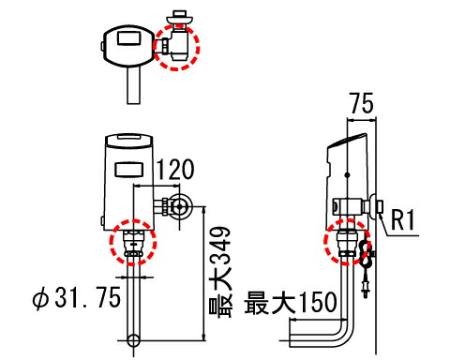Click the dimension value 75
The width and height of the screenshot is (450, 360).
[x=362, y=103]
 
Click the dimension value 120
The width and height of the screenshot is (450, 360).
[x=175, y=170]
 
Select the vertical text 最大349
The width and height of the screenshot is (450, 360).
[x=220, y=272]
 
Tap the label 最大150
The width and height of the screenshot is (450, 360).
[x=291, y=302]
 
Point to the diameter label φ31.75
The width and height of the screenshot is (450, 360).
[x=77, y=297]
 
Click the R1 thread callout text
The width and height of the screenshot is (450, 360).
[x=403, y=219]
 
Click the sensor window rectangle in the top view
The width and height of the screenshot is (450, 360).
[x=129, y=37]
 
